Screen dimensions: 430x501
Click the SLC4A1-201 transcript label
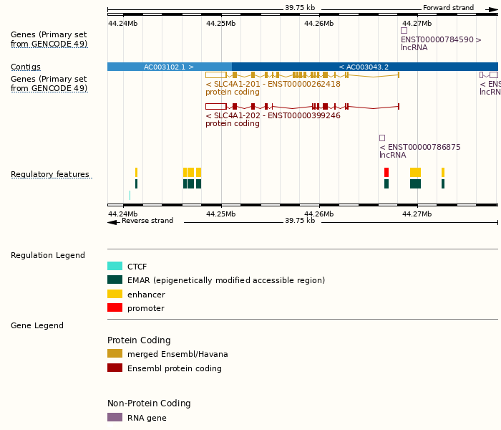[x=273, y=84]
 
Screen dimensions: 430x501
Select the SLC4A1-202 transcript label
[x=273, y=115]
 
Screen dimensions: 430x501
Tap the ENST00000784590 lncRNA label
[x=441, y=40]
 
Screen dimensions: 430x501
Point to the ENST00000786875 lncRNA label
[x=419, y=147]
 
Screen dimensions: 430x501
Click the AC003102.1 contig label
[x=169, y=67]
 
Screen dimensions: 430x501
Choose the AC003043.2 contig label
[x=364, y=67]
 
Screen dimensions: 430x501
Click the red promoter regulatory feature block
[x=386, y=172]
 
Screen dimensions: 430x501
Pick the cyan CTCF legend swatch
[x=115, y=266]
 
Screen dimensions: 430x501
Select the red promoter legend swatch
[x=115, y=307]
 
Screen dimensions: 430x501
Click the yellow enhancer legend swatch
[x=115, y=294]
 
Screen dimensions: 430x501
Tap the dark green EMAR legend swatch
[x=115, y=279]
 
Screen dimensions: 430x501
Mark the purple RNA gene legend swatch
[x=115, y=417]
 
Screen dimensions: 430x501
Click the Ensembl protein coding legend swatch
[x=115, y=368]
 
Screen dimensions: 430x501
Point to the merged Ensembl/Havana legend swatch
[x=115, y=353]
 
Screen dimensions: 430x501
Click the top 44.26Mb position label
[x=318, y=23]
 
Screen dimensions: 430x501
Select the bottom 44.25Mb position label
[x=220, y=214]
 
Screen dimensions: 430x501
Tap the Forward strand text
[x=448, y=8]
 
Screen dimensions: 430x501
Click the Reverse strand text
[x=147, y=221]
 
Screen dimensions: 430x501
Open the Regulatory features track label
[x=50, y=174]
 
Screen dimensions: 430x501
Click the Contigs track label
[x=26, y=67]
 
